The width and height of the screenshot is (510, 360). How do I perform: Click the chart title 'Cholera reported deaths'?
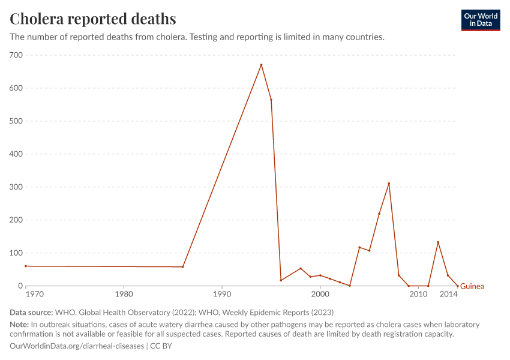(93, 19)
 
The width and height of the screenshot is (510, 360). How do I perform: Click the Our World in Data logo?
(480, 20)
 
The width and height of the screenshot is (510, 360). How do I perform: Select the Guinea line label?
(472, 286)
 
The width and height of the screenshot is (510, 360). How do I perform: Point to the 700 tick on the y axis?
(16, 55)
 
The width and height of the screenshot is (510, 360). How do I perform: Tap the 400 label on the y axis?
(16, 154)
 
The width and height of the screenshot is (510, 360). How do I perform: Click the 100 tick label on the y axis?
(16, 253)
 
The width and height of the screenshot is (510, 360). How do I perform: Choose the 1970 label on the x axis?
(34, 295)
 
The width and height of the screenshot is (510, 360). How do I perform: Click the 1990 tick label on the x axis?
(222, 295)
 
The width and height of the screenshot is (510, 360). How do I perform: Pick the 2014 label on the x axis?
(447, 295)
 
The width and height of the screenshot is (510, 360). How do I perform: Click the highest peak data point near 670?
(261, 65)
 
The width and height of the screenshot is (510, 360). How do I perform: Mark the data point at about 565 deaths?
(271, 100)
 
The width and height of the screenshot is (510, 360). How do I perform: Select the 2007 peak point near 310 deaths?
(389, 184)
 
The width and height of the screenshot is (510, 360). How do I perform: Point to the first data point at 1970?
(26, 266)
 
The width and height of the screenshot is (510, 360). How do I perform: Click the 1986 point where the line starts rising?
(182, 267)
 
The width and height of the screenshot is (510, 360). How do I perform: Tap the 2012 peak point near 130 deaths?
(438, 242)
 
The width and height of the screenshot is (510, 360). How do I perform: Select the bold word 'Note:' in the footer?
(20, 325)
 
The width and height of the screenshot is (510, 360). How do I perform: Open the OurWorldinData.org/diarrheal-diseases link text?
(77, 346)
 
